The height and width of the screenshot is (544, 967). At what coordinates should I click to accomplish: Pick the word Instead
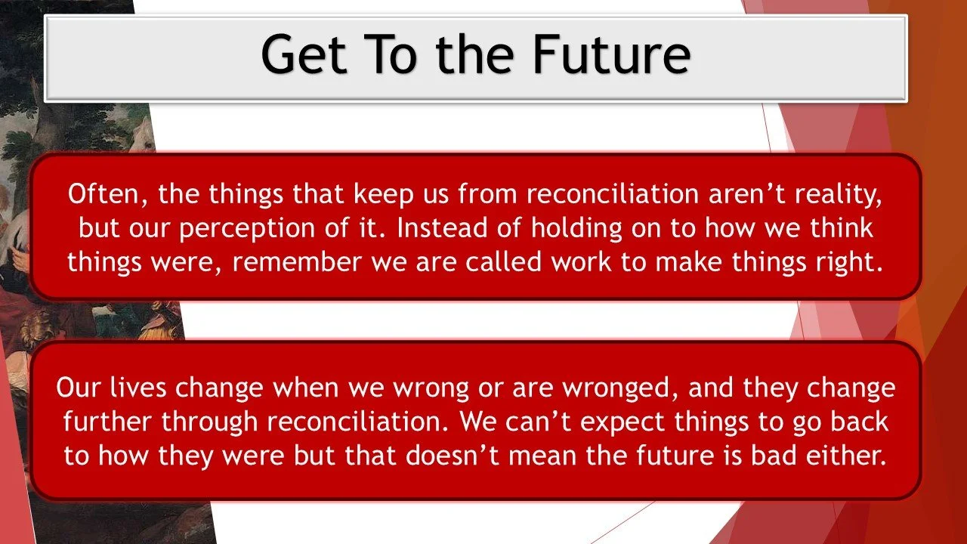[442, 228]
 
